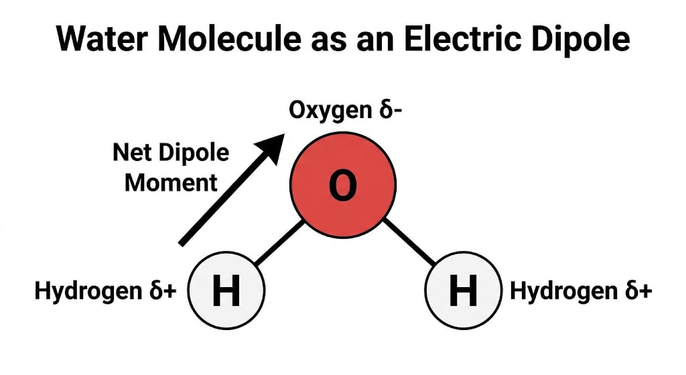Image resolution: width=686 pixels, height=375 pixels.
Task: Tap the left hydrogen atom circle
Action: [226, 292]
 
